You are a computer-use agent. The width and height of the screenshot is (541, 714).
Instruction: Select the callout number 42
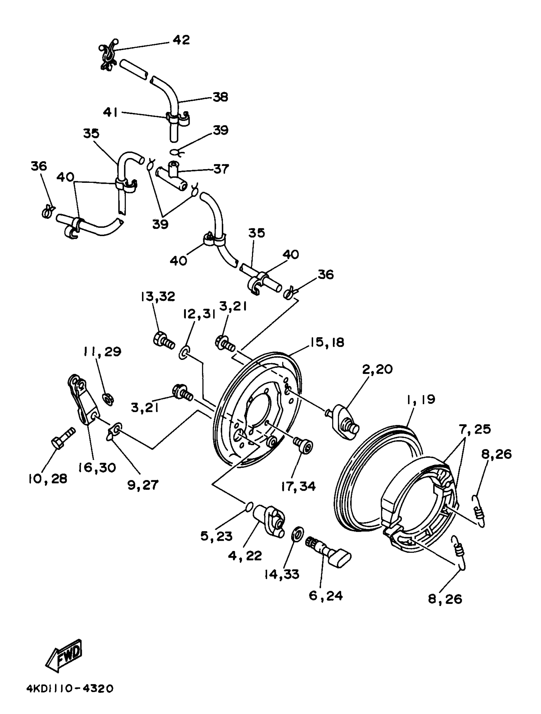(x=181, y=40)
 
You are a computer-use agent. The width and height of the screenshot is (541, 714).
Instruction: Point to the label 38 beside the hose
(x=221, y=97)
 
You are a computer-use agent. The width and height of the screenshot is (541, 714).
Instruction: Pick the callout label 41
(x=110, y=112)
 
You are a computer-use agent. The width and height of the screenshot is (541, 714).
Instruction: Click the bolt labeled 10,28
(x=63, y=438)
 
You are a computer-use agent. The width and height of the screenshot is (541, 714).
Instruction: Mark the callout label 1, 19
(x=421, y=400)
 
